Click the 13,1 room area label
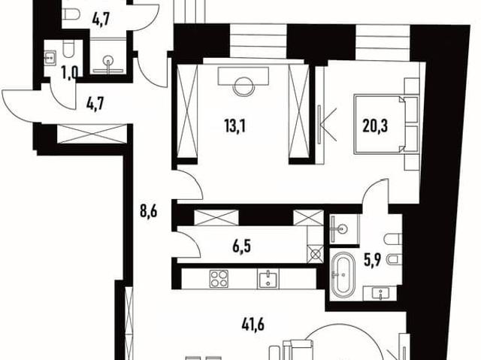[235, 126]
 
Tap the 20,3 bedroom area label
[375, 126]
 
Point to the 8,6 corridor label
[149, 211]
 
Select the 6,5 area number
[242, 247]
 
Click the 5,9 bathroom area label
[373, 261]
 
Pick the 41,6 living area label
[253, 325]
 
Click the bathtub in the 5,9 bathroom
[343, 273]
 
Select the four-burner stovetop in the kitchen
[219, 278]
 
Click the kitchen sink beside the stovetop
[268, 279]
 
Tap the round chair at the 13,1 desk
[244, 86]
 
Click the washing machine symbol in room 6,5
[316, 254]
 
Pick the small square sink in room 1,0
[50, 57]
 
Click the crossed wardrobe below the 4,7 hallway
[92, 133]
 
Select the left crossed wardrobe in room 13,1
[187, 112]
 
